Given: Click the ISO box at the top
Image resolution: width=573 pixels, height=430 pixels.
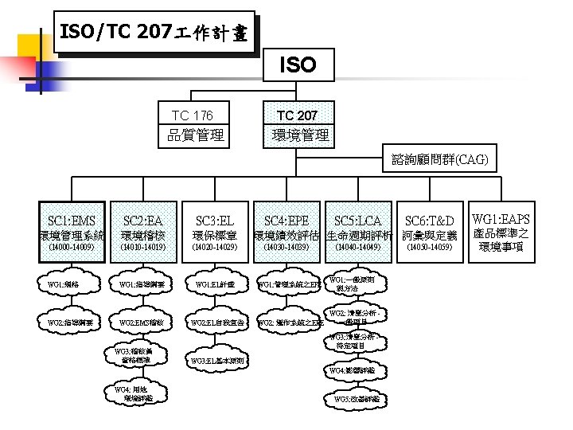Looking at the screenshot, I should [297, 65].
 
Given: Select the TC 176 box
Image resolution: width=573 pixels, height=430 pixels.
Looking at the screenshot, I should [195, 125].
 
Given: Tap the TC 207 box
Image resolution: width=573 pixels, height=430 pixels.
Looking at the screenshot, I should [297, 125].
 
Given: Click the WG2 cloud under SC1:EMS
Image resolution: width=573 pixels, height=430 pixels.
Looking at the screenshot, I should [71, 322].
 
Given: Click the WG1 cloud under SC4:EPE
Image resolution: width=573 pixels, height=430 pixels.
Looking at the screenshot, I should [290, 284].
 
